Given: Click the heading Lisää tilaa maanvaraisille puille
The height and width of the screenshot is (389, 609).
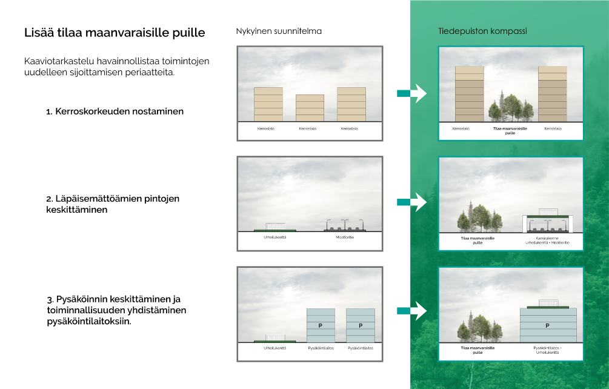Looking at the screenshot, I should click(x=115, y=32).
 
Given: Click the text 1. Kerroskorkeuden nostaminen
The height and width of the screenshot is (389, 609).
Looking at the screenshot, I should click(x=115, y=111).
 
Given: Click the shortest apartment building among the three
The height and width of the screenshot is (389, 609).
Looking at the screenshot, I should click(x=310, y=108).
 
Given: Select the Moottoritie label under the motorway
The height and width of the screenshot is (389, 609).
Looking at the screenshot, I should click(x=344, y=237).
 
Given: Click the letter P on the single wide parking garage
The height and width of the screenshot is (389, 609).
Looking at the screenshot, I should click(x=547, y=325).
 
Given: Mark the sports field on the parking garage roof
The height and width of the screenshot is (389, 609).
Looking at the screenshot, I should click(x=547, y=303).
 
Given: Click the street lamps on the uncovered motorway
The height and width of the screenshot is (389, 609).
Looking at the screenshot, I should click(x=344, y=222).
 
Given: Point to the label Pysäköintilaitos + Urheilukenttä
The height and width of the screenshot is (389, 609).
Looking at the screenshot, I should click(x=547, y=350).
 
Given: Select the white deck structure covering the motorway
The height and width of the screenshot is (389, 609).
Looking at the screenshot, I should click(x=547, y=217).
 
